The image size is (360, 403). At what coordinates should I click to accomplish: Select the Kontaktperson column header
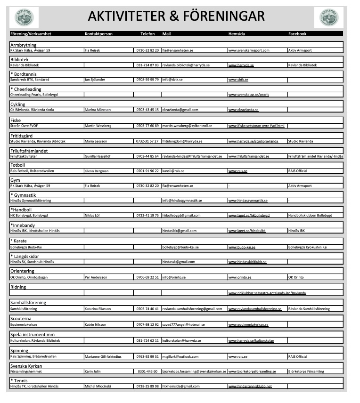pos(98,34)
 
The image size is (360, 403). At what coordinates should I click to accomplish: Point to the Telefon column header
pos(147,34)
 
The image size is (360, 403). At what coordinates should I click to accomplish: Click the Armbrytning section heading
pos(23,45)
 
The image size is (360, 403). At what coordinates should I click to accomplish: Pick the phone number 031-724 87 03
pos(147,65)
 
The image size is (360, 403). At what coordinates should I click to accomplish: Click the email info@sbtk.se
pos(172,80)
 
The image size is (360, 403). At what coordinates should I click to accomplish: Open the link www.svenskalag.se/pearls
pos(248,95)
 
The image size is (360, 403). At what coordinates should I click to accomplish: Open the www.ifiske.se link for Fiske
pos(256,126)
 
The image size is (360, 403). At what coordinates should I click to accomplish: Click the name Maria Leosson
pos(96,141)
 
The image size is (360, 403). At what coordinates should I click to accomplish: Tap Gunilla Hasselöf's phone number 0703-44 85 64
pos(147,156)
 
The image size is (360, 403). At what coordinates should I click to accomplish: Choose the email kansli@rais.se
pos(173,171)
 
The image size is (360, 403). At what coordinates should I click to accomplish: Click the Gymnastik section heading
pos(24,195)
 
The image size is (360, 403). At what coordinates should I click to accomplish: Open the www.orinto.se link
pos(240,278)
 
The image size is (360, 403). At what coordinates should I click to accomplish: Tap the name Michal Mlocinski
pos(98,387)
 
